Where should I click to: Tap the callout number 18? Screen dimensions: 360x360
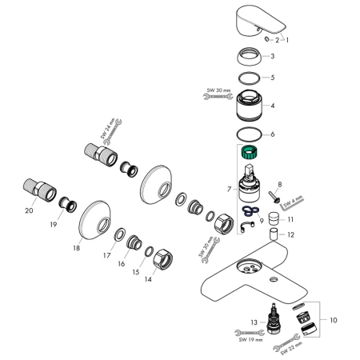tap(77, 248)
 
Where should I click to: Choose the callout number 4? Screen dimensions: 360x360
tap(273, 106)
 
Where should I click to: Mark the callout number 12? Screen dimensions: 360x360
tap(291, 235)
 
